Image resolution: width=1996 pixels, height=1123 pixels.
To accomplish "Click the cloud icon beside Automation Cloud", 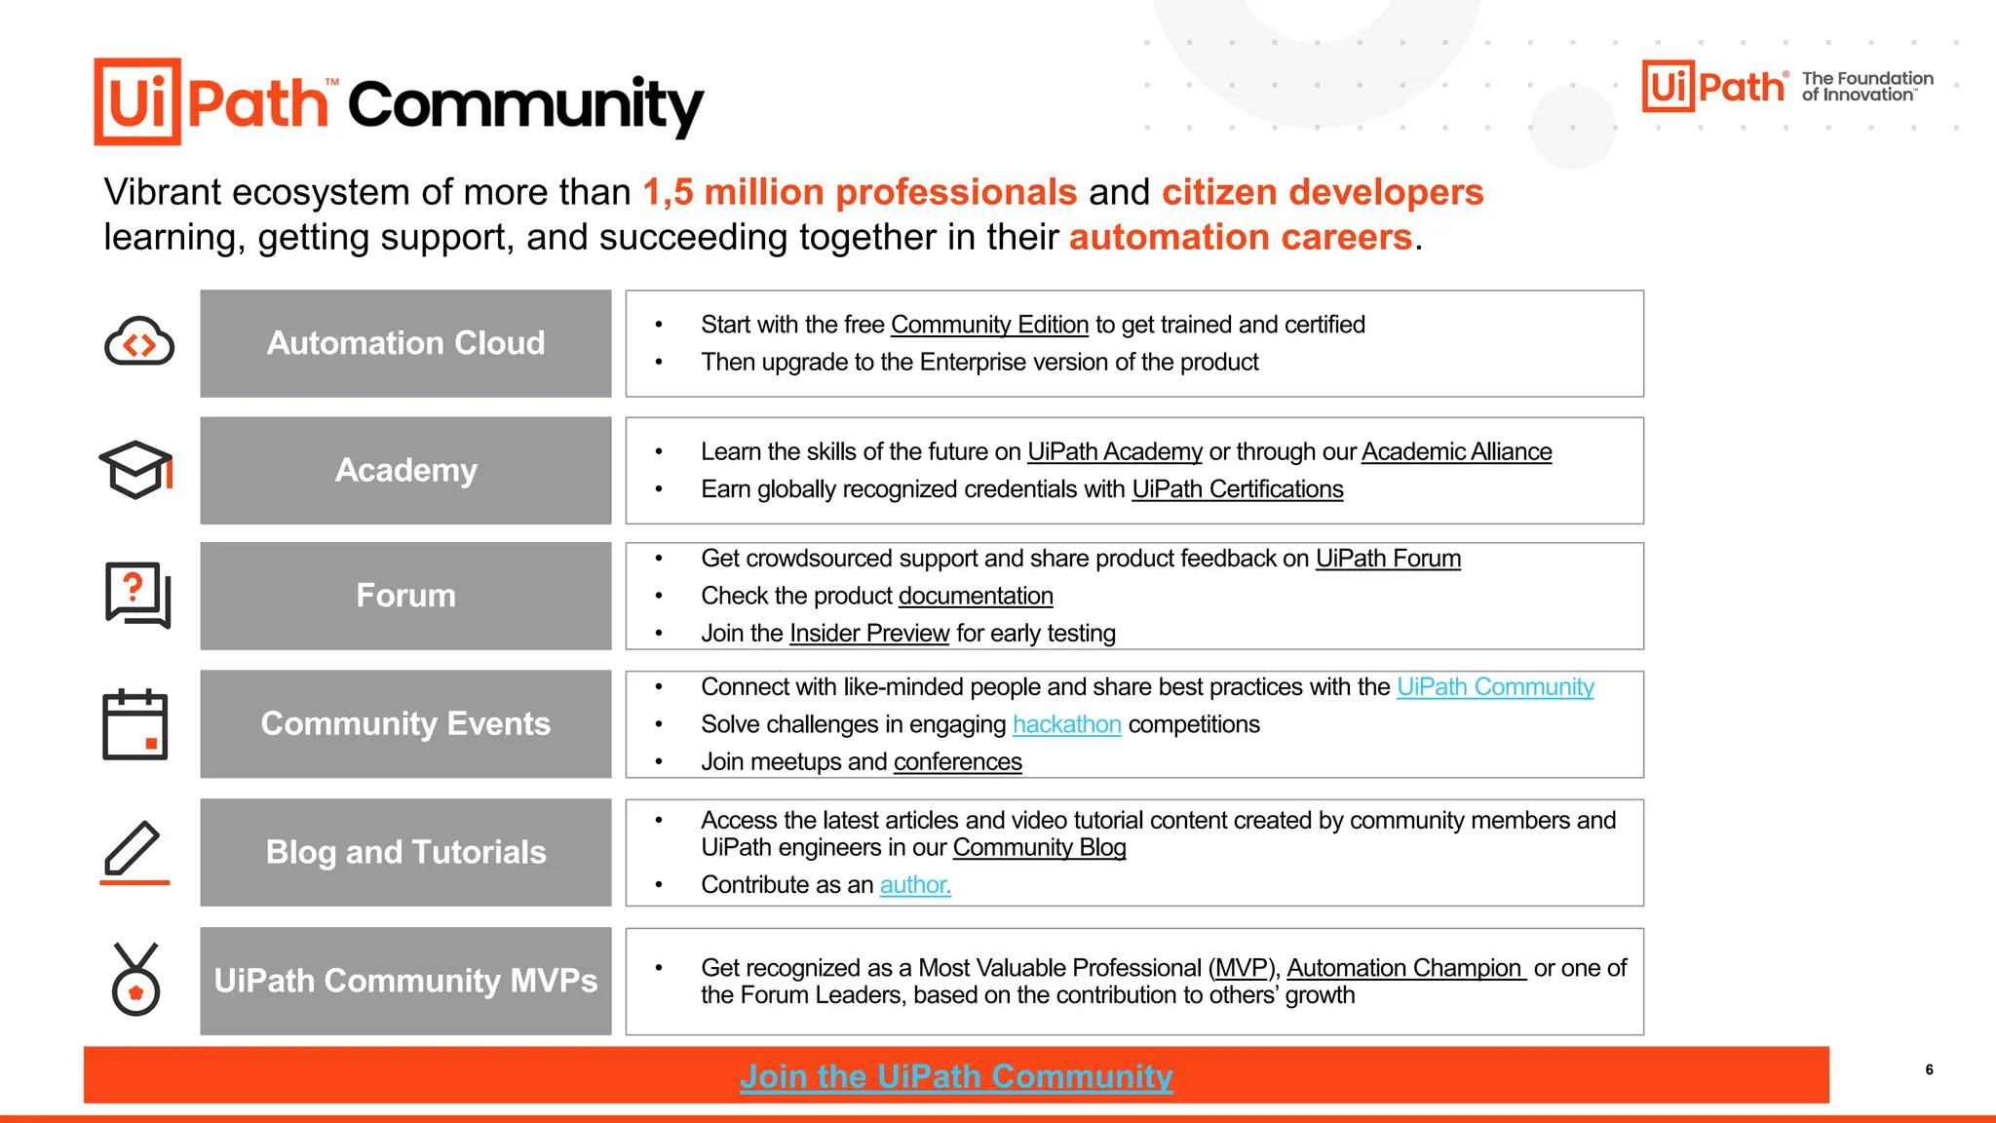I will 138,342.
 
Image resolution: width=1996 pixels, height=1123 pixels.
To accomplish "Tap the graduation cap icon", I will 136,470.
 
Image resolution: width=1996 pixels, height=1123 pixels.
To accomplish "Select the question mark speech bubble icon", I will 137,595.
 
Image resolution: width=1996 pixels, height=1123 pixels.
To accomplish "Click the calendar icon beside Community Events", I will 135,724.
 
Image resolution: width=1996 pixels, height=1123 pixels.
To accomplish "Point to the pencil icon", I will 134,851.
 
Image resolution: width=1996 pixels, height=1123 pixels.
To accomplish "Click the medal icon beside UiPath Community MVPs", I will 135,980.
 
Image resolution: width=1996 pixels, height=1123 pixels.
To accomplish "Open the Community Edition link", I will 989,325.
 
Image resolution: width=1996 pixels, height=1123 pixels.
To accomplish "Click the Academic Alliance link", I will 1456,452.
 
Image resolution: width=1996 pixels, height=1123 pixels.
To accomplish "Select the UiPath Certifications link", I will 1237,489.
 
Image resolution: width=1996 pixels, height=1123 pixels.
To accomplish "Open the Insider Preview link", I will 869,634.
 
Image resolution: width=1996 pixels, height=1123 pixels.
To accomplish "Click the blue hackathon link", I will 1067,724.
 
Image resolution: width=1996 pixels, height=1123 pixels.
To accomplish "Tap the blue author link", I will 915,885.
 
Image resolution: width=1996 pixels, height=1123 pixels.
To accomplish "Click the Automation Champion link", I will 1405,968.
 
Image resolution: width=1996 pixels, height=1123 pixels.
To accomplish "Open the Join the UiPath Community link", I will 956,1076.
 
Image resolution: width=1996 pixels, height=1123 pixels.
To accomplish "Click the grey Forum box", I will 405,596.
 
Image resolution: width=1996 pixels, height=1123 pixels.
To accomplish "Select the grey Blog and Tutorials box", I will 405,852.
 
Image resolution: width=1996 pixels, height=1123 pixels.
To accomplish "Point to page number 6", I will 1929,1069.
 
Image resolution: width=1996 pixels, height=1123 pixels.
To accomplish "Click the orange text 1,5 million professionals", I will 860,192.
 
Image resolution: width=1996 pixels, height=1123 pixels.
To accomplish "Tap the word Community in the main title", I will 525,104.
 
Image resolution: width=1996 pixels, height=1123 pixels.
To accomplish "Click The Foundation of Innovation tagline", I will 1866,87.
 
